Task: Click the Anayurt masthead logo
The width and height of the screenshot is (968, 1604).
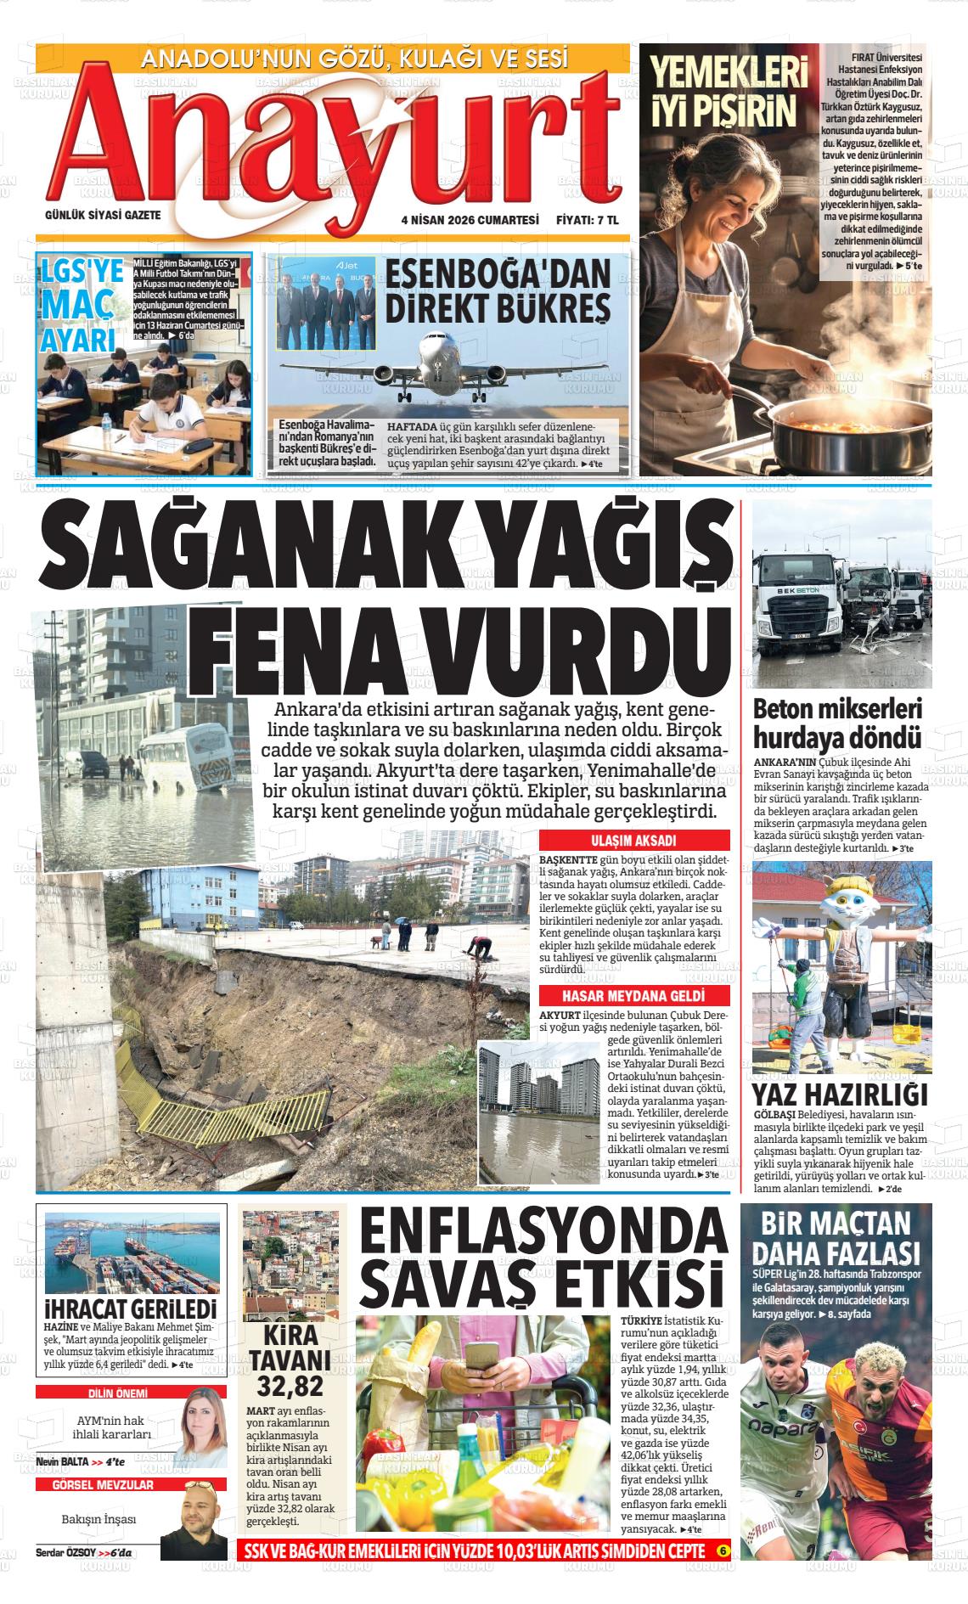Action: [331, 144]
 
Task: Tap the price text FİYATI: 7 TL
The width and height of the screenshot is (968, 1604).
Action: [587, 219]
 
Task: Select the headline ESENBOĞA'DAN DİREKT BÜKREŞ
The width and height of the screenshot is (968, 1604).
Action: [498, 292]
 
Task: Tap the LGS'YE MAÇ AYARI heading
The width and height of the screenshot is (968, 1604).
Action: [80, 306]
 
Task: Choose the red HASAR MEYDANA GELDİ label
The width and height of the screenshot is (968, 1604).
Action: [633, 996]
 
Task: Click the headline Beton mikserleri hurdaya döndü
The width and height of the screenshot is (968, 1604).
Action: [837, 723]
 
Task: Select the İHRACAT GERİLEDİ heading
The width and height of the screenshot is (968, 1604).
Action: [130, 1309]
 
